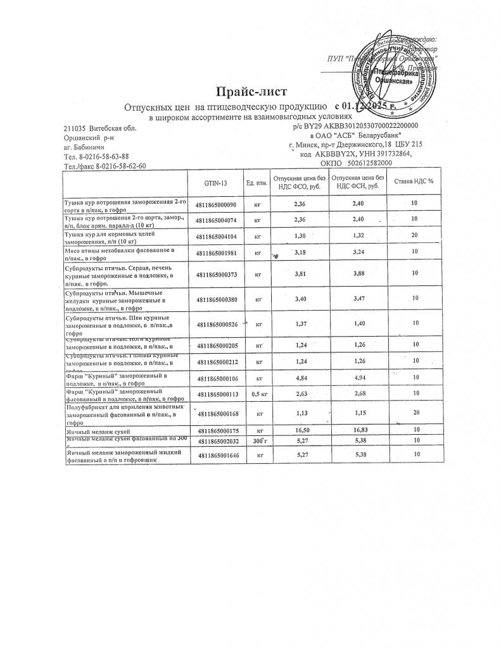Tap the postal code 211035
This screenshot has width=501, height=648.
click(x=75, y=128)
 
